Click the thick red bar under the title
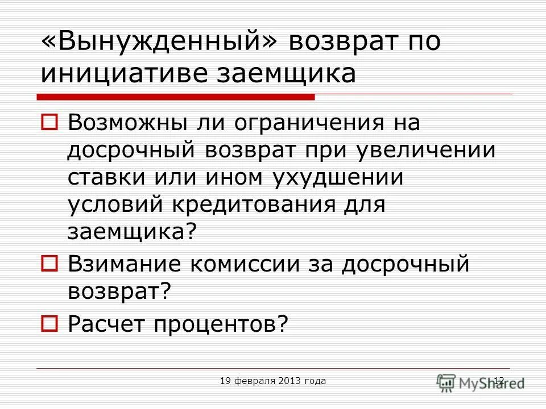click(176, 97)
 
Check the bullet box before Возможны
click(49, 122)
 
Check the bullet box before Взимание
click(49, 264)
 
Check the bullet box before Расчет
click(49, 323)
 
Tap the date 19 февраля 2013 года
click(273, 381)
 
